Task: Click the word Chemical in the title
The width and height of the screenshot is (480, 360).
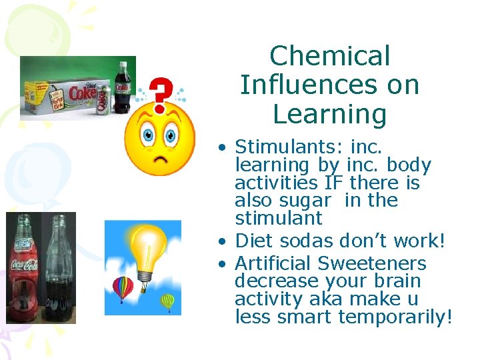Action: [330, 56]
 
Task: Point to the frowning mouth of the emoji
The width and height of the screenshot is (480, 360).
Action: [159, 160]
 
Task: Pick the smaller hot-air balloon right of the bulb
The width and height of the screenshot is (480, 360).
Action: [168, 301]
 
